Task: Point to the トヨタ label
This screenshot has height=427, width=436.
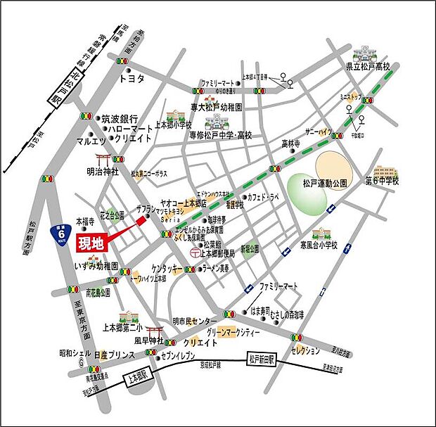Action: click(132, 79)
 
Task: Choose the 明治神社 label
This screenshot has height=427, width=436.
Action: click(104, 170)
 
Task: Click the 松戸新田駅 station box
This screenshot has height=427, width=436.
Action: click(264, 359)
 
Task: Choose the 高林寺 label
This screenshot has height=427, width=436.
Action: click(291, 144)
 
